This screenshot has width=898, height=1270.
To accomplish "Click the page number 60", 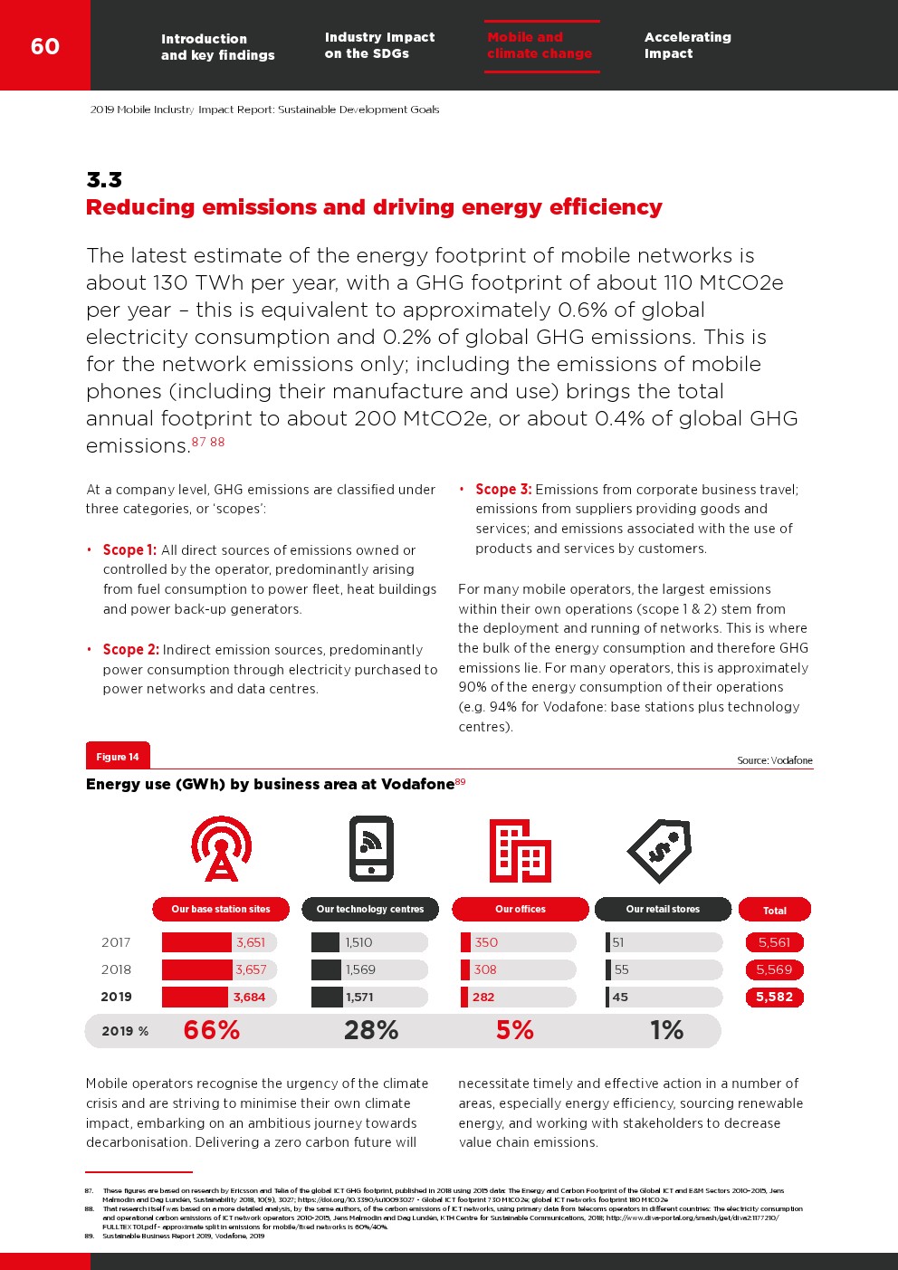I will [x=45, y=46].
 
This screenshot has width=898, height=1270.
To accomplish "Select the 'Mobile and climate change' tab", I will [x=540, y=45].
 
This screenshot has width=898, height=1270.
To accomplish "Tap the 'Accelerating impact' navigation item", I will [x=687, y=45].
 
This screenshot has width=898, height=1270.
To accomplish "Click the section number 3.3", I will [x=104, y=179].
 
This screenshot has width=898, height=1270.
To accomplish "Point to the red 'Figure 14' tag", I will [x=118, y=757].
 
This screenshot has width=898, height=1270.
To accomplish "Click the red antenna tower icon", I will [x=221, y=849].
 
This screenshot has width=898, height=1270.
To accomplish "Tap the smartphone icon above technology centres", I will [x=371, y=849].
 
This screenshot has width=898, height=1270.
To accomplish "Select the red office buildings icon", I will [x=520, y=850].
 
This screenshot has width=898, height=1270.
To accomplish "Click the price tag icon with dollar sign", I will [x=660, y=850].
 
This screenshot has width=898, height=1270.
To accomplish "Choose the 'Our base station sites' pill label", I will [x=221, y=909].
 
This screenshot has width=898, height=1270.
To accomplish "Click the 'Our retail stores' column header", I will [x=663, y=909].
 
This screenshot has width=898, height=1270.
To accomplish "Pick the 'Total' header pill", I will [x=774, y=910].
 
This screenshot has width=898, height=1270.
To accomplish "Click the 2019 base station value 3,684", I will [x=249, y=997].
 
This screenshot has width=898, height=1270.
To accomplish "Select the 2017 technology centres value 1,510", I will [x=359, y=942].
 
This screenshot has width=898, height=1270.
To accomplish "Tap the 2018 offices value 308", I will [x=485, y=969].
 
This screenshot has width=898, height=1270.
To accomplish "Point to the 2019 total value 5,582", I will [x=774, y=997].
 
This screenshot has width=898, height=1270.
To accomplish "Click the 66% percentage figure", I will [x=212, y=1030].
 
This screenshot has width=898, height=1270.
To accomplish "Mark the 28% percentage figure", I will [x=371, y=1030].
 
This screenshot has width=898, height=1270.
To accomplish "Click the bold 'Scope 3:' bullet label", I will [x=503, y=490].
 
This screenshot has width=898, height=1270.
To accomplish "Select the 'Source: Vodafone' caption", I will [x=774, y=760].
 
